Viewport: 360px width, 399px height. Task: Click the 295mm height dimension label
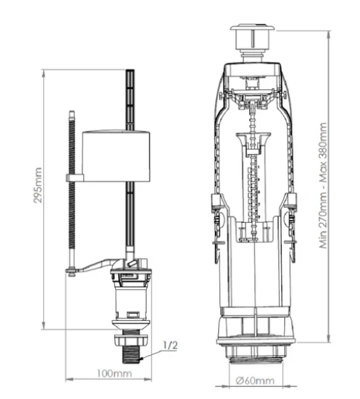(x=38, y=185)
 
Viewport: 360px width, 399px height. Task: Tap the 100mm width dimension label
(x=114, y=374)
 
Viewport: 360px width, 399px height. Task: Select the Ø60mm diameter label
(x=255, y=381)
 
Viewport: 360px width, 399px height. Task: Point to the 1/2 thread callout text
(x=170, y=345)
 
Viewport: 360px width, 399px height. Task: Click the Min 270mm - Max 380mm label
(x=323, y=185)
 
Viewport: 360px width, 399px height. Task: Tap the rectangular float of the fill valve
(x=116, y=156)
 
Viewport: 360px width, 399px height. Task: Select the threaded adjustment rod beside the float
(x=72, y=191)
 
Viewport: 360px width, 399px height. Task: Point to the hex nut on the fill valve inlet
(x=131, y=340)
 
